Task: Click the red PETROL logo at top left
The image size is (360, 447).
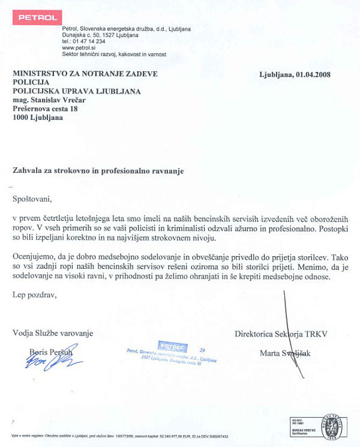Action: [38, 17]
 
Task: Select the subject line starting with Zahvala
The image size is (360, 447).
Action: [98, 170]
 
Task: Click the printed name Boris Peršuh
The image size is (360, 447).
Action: [51, 353]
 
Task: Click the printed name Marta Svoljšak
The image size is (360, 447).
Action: [286, 353]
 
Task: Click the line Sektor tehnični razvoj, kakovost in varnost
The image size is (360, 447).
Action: [114, 54]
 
